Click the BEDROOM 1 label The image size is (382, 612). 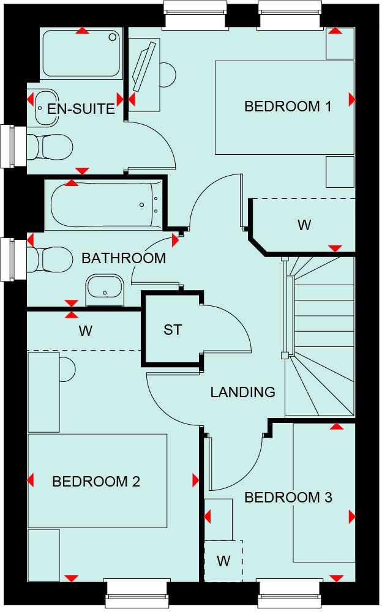click(x=288, y=106)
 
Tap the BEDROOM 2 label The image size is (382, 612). click(x=96, y=482)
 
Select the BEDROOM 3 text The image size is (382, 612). click(x=288, y=498)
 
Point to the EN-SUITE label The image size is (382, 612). click(x=81, y=109)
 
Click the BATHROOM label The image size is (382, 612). click(x=124, y=258)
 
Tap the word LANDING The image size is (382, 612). click(x=243, y=392)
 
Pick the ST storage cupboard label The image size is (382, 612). click(x=173, y=330)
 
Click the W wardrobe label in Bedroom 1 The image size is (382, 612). click(x=304, y=225)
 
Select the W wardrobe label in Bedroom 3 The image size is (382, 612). click(x=223, y=561)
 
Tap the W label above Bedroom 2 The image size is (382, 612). click(x=85, y=331)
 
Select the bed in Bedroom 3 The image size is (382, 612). click(x=324, y=493)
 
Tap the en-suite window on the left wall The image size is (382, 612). click(x=7, y=146)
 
